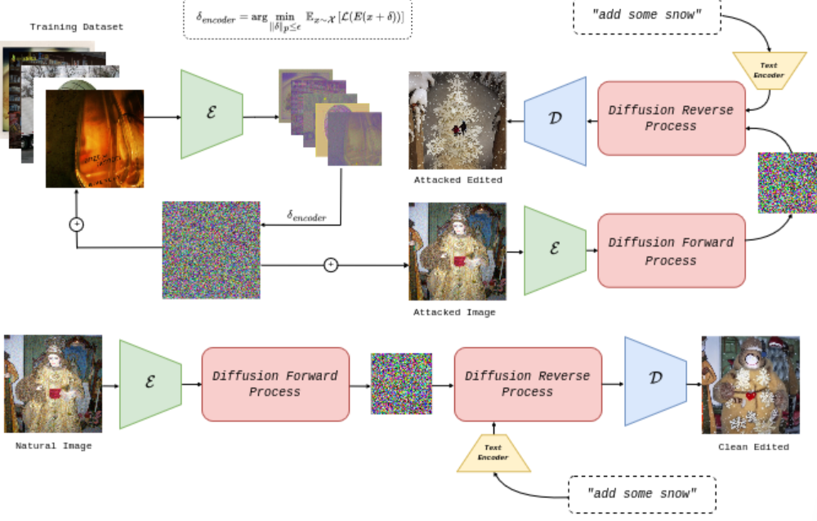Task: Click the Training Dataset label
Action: tap(77, 27)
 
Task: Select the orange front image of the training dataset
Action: tap(95, 138)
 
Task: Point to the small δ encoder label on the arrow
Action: tap(306, 216)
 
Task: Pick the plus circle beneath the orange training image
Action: tap(77, 223)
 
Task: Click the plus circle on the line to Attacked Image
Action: tap(331, 265)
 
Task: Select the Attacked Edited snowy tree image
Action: tap(458, 120)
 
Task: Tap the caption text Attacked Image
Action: tap(454, 312)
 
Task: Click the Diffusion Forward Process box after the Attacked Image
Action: tap(671, 251)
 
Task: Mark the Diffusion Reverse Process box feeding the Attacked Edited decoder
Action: tap(671, 118)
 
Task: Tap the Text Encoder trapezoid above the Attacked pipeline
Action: tap(769, 71)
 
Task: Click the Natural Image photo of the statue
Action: tap(53, 383)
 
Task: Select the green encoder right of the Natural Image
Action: tap(150, 384)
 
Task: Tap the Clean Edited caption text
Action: tap(753, 447)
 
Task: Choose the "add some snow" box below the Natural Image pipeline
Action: tap(641, 493)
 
